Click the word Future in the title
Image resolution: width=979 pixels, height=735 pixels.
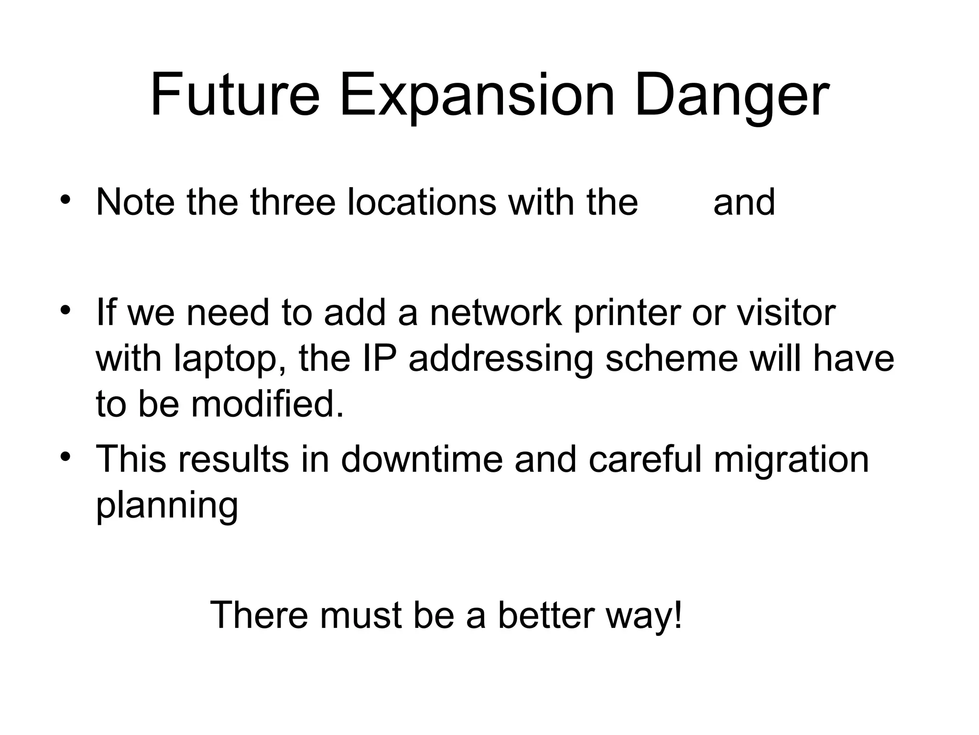point(235,95)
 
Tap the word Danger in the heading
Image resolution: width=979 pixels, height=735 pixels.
point(731,95)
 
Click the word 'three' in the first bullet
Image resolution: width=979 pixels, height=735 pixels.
point(293,202)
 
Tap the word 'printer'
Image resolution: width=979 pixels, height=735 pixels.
point(627,313)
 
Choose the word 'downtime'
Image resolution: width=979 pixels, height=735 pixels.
point(422,459)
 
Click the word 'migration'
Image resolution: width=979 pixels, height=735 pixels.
point(791,460)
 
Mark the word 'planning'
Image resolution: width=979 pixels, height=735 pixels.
point(167,506)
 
